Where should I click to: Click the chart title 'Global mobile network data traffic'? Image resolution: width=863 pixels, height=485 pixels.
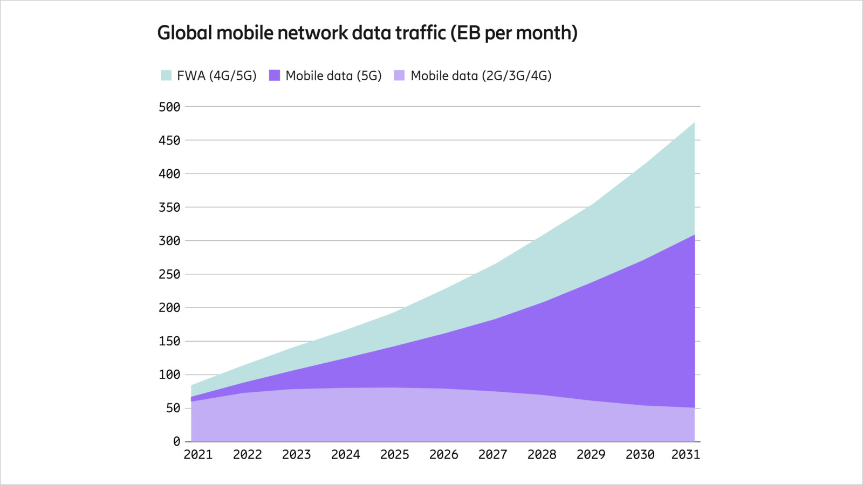point(302,33)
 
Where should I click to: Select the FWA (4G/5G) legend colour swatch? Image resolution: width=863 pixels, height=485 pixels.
point(166,75)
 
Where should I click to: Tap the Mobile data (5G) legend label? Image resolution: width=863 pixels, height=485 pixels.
point(333,75)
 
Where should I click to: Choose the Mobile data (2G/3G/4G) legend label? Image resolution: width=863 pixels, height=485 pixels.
point(481,75)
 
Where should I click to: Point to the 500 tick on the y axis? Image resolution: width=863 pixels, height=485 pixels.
point(169,107)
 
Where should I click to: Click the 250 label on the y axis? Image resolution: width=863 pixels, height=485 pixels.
point(169,274)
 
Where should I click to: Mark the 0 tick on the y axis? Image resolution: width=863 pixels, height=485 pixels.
point(176,441)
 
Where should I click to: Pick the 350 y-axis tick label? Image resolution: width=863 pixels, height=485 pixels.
point(169,207)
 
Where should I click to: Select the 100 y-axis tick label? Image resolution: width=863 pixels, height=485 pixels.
point(169,375)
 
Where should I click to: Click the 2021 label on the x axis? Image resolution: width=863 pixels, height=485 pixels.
point(198,455)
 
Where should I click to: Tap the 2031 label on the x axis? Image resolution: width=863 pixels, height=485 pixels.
point(686,455)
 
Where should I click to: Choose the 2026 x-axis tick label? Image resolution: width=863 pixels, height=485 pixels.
point(443,455)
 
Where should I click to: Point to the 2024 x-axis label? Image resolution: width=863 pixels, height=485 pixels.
point(345,455)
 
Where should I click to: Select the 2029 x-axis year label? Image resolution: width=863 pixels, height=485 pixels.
point(591,455)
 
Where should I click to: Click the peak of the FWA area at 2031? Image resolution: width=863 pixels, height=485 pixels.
point(694,123)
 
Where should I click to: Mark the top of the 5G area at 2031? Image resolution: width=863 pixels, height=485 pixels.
point(694,235)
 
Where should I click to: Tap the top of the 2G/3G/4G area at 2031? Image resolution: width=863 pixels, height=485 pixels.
point(694,407)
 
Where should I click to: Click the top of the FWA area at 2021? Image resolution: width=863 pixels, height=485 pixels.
point(191,385)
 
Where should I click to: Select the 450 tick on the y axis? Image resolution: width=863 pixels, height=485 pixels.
point(169,140)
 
